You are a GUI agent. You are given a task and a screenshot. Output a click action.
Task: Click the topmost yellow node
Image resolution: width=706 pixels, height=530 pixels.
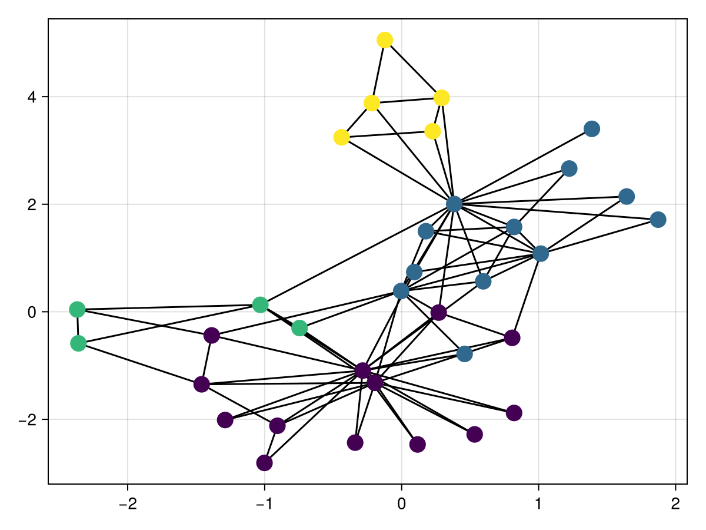385,40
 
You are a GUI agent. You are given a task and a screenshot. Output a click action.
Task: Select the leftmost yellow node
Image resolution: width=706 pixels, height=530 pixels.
341,137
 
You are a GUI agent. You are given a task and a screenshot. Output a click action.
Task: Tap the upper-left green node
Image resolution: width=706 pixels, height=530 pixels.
77,309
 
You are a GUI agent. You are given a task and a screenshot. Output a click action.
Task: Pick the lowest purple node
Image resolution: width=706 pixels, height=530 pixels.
265,463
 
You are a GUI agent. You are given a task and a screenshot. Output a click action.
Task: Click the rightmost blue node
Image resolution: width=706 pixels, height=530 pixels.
658,220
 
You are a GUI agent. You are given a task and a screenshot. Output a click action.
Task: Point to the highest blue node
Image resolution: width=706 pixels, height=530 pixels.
592,129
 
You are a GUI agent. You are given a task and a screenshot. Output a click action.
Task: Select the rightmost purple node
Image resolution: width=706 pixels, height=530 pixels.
514,413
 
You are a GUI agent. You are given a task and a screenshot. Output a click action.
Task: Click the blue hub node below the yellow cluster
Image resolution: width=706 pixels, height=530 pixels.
454,204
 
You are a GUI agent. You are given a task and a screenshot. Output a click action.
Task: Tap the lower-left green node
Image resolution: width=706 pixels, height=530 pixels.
78,343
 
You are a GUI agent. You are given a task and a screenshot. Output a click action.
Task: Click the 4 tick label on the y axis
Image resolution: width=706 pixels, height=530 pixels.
31,97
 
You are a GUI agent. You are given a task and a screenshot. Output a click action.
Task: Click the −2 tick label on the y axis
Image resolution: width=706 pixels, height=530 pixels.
27,420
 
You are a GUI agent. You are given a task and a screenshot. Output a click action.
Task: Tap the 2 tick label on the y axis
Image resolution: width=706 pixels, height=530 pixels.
31,205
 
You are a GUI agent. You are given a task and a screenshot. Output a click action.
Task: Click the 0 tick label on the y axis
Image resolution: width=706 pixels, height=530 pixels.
31,312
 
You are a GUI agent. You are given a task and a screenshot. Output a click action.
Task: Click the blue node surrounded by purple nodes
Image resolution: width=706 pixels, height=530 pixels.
464,354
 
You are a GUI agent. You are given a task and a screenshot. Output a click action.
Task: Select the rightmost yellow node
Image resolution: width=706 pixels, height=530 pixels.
442,97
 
